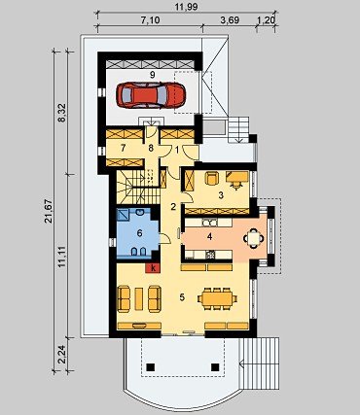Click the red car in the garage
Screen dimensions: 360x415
(x=151, y=95)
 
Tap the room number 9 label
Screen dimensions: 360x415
(x=152, y=74)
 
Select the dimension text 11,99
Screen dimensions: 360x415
(x=187, y=7)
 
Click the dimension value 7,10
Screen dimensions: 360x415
(x=150, y=20)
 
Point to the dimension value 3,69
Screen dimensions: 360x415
(x=230, y=20)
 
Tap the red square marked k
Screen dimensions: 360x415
(x=154, y=268)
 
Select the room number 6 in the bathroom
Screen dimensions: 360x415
(x=139, y=233)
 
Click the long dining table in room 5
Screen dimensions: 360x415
(x=217, y=298)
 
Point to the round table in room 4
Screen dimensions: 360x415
(x=254, y=239)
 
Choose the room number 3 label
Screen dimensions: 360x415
(x=221, y=195)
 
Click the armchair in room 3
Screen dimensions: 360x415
(x=212, y=178)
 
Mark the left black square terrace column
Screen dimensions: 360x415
(x=151, y=367)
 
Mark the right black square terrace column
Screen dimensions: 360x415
(x=215, y=367)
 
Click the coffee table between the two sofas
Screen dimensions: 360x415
(x=139, y=298)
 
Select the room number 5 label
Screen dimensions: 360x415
(x=182, y=297)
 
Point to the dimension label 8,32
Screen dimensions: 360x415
(x=61, y=113)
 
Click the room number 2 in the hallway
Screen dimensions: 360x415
(x=173, y=207)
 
